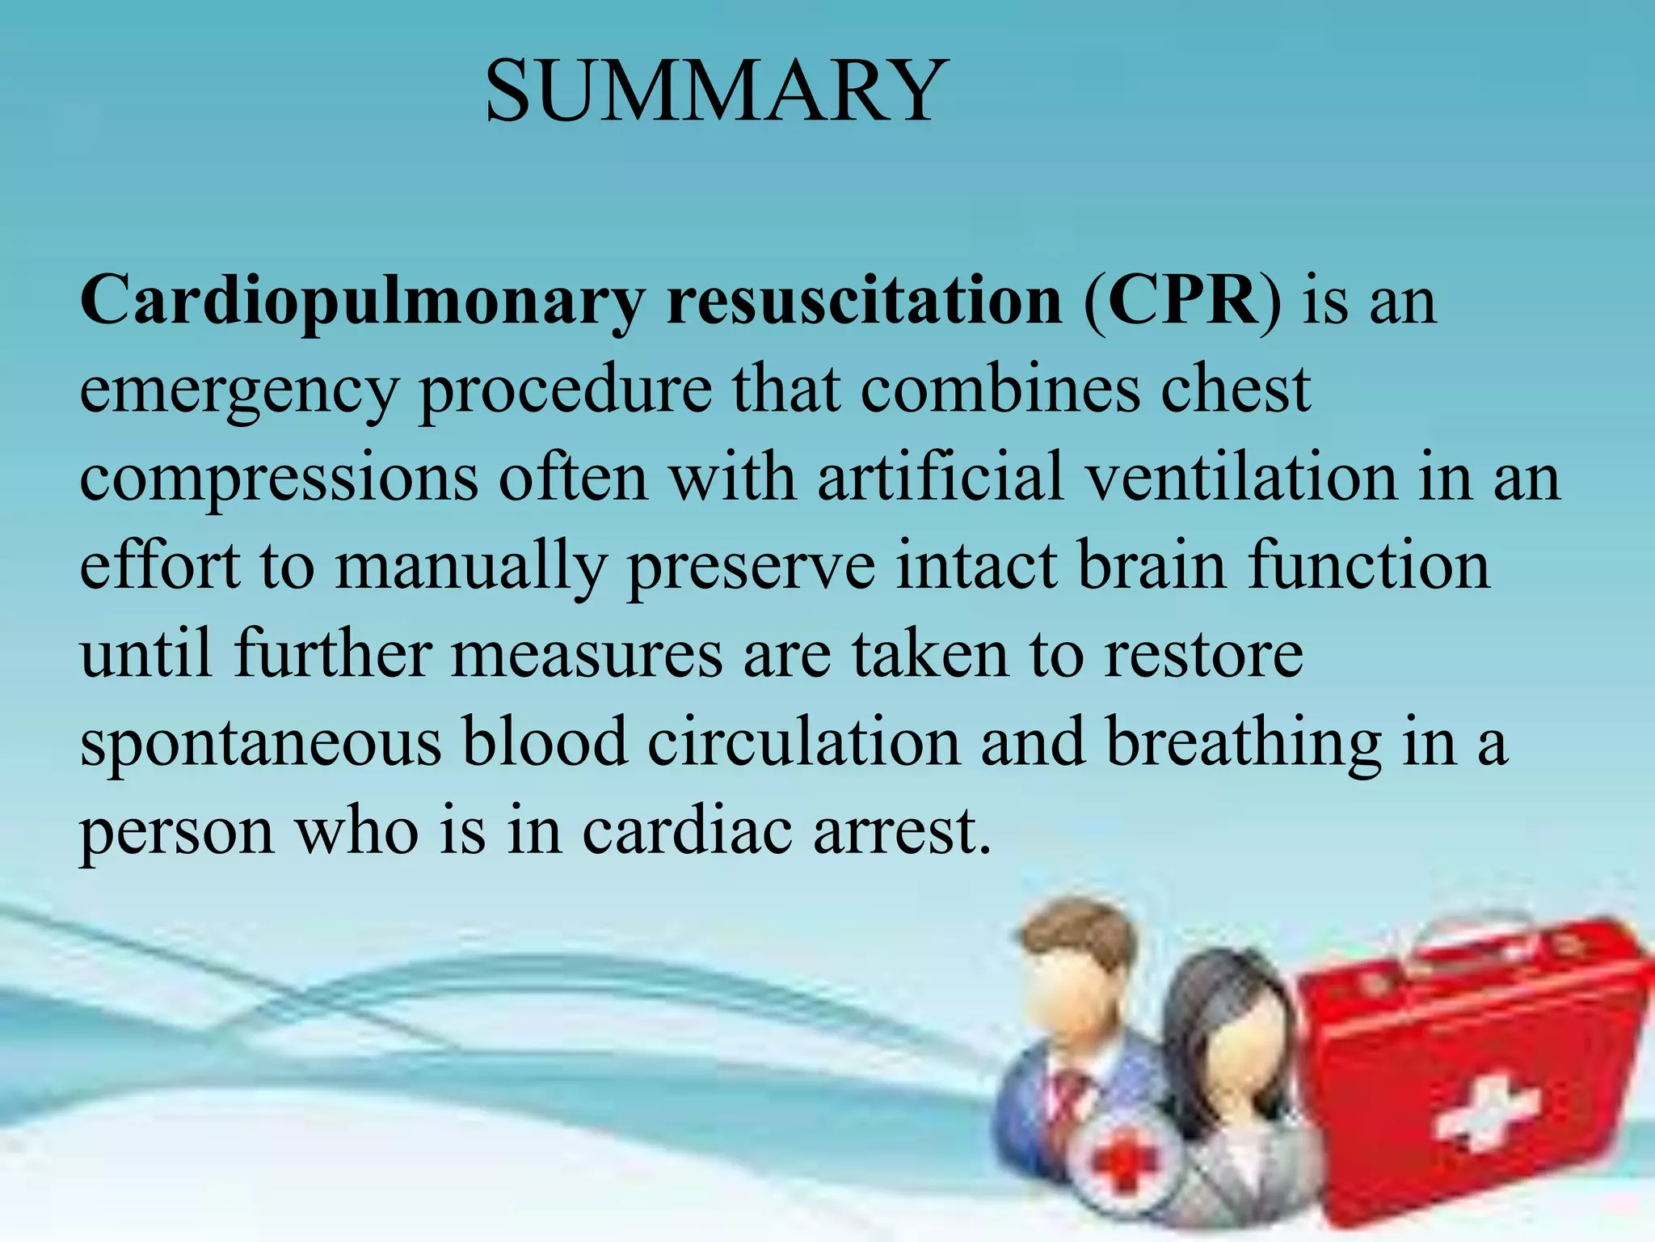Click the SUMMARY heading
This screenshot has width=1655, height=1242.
[x=716, y=91]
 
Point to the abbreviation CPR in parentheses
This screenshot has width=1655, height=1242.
[x=1181, y=301]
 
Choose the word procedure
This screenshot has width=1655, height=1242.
[x=566, y=391]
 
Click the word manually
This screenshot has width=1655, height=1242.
[x=470, y=568]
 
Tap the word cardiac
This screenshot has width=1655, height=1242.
[x=687, y=831]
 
